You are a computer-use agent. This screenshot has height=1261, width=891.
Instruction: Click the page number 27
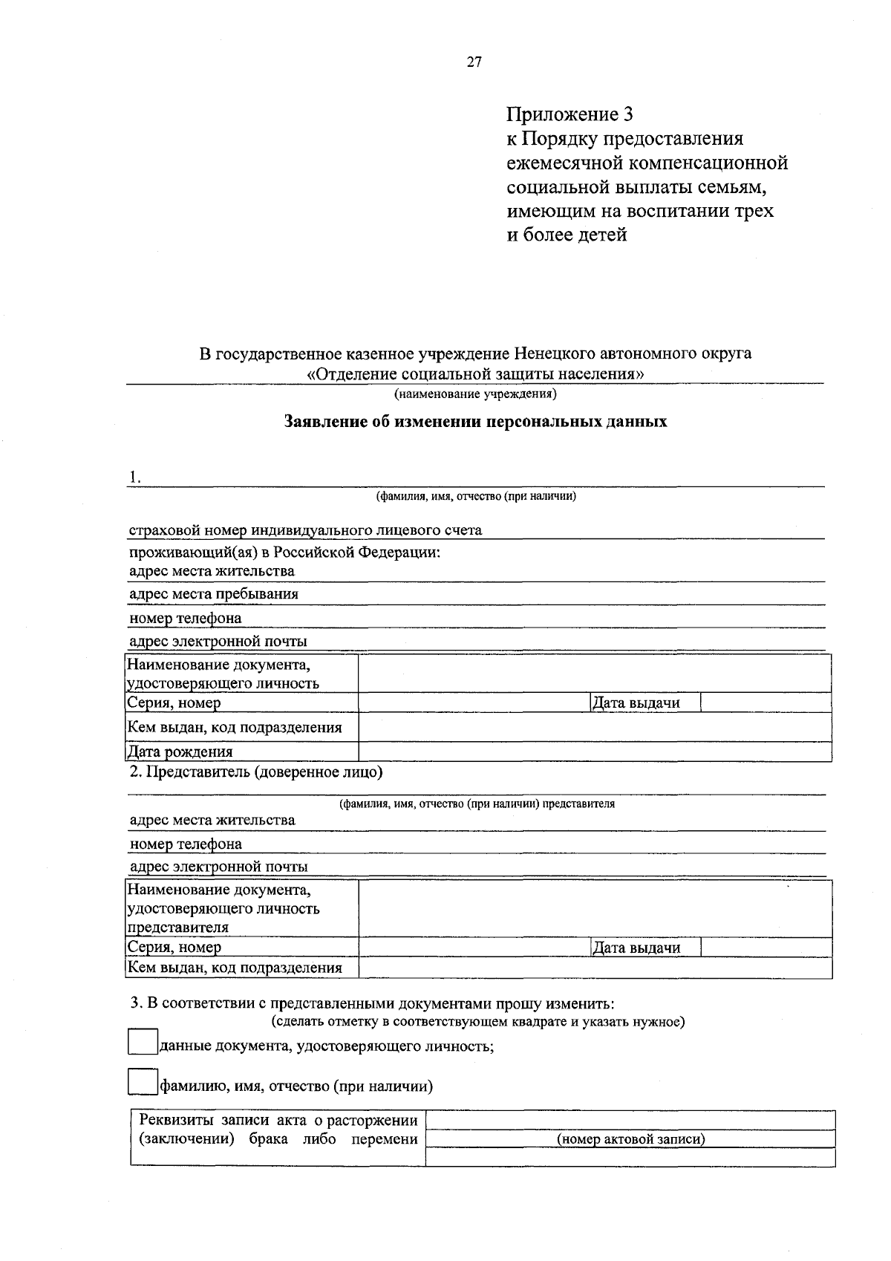click(474, 62)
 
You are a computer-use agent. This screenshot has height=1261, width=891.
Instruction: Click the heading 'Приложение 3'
click(569, 114)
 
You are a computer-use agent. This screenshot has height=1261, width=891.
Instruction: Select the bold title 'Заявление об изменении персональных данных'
click(476, 422)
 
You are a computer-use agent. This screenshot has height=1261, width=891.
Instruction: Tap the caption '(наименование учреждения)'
click(475, 393)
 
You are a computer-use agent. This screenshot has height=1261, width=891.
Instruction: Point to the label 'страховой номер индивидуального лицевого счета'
click(305, 530)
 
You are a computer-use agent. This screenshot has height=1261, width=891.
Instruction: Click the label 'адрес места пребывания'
click(214, 594)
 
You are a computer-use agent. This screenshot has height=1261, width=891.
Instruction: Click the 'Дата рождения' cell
click(180, 752)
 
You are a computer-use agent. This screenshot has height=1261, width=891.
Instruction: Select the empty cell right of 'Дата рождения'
click(594, 752)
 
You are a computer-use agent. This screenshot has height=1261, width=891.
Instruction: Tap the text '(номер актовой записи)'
click(630, 1139)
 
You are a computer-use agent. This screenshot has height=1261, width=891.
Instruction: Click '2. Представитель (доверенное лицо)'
click(256, 772)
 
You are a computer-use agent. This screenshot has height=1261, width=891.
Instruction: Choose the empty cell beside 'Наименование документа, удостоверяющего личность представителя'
click(594, 908)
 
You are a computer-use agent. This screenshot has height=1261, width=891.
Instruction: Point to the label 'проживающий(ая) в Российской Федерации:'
click(285, 553)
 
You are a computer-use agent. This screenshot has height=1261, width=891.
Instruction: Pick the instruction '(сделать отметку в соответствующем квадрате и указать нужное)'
click(478, 1022)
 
